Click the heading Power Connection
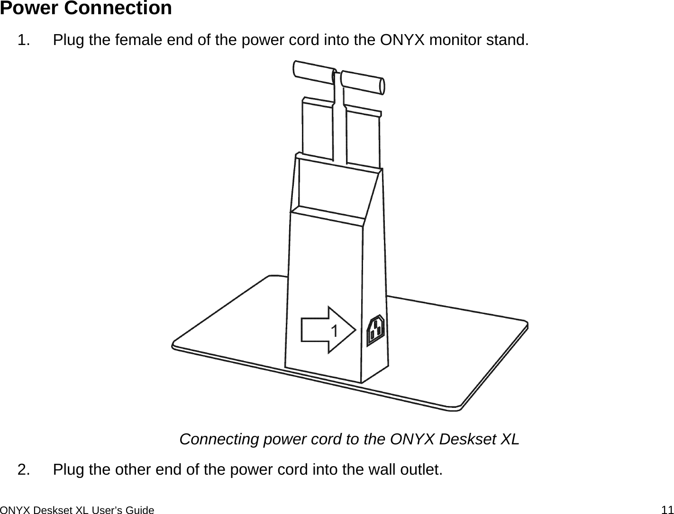(x=86, y=9)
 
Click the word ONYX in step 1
(x=402, y=41)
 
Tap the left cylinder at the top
(x=314, y=72)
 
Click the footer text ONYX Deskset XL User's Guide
(x=77, y=510)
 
